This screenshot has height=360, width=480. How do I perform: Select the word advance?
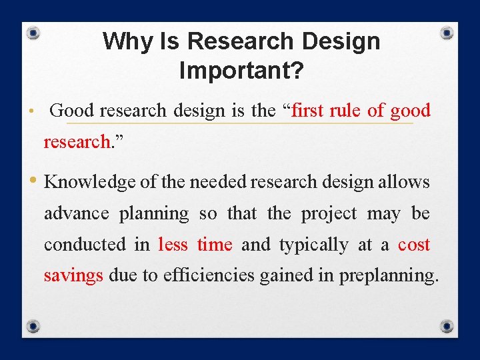(76, 214)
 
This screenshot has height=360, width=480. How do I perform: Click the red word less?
(173, 245)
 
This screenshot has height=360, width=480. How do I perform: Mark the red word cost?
(414, 245)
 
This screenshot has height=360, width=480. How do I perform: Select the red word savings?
(73, 275)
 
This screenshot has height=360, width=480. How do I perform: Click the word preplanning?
(389, 276)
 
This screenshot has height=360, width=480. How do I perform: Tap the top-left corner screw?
(34, 33)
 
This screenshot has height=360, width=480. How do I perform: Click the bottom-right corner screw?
(447, 326)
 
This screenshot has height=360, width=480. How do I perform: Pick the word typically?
(313, 245)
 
